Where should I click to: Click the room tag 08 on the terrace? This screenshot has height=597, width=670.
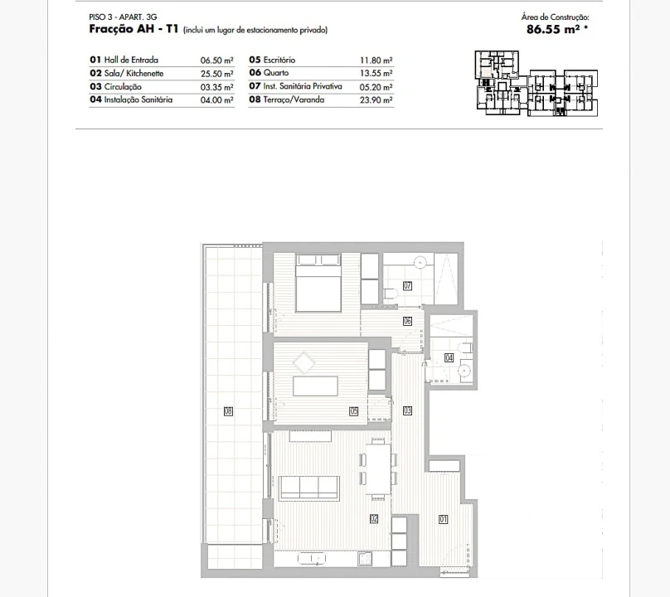click(x=228, y=411)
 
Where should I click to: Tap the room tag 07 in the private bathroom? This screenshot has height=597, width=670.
click(x=408, y=286)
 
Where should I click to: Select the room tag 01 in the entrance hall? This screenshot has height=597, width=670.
click(x=443, y=519)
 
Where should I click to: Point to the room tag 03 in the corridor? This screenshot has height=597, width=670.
click(x=408, y=410)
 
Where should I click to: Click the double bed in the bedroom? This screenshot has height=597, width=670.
click(x=318, y=283)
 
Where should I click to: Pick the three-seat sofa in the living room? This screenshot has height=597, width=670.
click(x=309, y=488)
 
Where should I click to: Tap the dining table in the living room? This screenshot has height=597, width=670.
click(x=378, y=469)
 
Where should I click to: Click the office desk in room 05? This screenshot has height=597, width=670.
click(x=315, y=386)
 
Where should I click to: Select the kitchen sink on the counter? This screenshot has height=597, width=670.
click(x=312, y=559)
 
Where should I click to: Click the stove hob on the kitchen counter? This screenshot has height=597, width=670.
click(x=365, y=559)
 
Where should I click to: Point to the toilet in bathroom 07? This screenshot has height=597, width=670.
click(x=391, y=294)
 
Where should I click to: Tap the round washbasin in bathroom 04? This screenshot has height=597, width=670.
click(x=464, y=371)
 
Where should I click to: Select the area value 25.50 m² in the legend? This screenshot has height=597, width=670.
click(x=217, y=74)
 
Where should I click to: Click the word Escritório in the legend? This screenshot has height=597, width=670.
click(x=279, y=60)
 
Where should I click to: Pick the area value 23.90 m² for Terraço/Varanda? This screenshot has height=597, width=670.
click(x=376, y=100)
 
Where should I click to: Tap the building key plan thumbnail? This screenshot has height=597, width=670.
click(x=536, y=84)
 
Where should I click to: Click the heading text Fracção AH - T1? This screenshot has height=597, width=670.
click(x=134, y=29)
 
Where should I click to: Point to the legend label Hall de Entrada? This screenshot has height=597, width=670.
click(x=131, y=60)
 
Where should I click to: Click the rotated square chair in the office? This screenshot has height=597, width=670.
click(x=304, y=363)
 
